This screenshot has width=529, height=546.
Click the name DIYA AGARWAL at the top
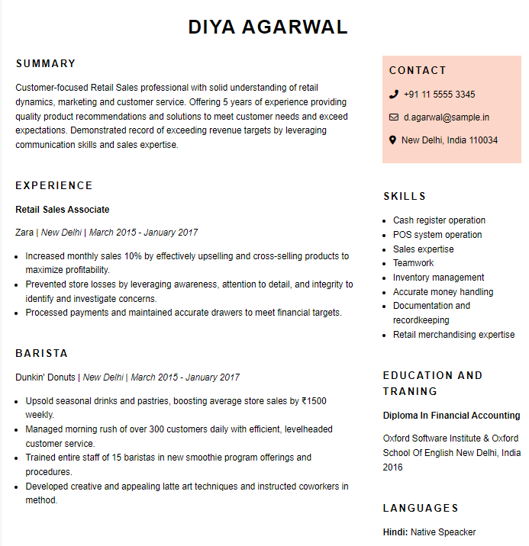coord(267,27)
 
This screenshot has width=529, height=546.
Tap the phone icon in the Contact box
coord(393,95)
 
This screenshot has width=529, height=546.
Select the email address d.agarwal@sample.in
coord(447,117)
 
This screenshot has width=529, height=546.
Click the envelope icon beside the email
coord(393,117)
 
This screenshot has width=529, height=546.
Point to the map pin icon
coord(393,140)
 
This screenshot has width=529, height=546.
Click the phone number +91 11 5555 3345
coord(439,95)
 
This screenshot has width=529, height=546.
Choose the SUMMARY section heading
coord(46,63)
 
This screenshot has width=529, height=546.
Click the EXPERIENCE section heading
coord(54,185)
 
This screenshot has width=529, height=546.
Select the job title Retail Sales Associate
coord(63,210)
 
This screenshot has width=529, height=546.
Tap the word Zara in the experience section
coord(24,233)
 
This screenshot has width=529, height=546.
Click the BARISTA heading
coord(42,353)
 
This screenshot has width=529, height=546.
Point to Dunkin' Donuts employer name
coord(45,377)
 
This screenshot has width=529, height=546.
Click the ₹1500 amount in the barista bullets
coord(314,401)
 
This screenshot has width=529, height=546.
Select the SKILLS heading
coord(405,196)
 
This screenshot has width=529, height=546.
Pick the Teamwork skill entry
coord(413,263)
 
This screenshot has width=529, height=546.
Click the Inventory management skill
coord(438,278)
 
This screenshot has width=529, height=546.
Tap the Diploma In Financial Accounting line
coord(451,416)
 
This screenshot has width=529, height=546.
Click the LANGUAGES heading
coord(421,508)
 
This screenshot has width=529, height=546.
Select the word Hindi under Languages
coord(394,532)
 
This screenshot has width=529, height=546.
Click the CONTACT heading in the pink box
coord(418,70)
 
